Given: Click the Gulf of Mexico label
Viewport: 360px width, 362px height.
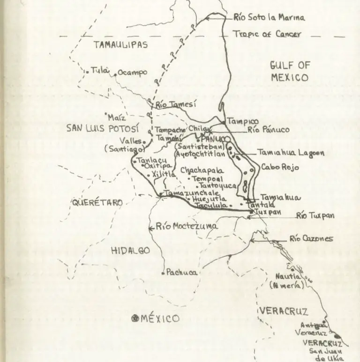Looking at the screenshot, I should pyautogui.click(x=290, y=71).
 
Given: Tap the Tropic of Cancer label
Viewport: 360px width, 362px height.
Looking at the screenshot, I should pyautogui.click(x=267, y=34).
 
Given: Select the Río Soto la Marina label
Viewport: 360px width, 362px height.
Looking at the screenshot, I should pyautogui.click(x=269, y=18).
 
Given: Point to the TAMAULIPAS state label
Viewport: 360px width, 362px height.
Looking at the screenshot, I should pyautogui.click(x=121, y=45).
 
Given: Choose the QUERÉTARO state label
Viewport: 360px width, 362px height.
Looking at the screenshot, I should pyautogui.click(x=97, y=203).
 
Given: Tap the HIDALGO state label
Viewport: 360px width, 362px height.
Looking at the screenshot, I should pyautogui.click(x=130, y=251).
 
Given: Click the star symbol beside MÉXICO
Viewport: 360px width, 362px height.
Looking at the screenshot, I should pyautogui.click(x=135, y=318).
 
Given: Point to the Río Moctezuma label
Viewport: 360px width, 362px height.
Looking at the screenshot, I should pyautogui.click(x=187, y=227).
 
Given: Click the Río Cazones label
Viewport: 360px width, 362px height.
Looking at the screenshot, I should pyautogui.click(x=311, y=239).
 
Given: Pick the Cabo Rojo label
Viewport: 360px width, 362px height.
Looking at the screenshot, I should pyautogui.click(x=280, y=166).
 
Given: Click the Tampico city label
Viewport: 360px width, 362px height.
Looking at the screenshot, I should pyautogui.click(x=242, y=122).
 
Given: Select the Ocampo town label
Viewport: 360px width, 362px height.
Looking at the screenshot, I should pyautogui.click(x=132, y=73).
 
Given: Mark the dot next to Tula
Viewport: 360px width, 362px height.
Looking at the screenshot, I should pyautogui.click(x=87, y=72).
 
